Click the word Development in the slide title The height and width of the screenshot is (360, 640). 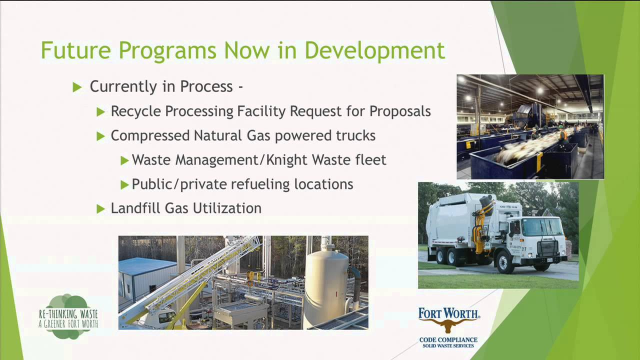coord(374,51)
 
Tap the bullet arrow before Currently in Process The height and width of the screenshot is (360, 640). coord(77,87)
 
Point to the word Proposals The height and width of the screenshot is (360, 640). coord(400,111)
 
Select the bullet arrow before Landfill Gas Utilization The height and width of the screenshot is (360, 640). coord(101,208)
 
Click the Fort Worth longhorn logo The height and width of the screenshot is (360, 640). coord(448,320)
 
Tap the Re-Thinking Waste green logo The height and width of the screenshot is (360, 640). coord(68,316)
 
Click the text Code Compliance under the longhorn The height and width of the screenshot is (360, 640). coord(448,340)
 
